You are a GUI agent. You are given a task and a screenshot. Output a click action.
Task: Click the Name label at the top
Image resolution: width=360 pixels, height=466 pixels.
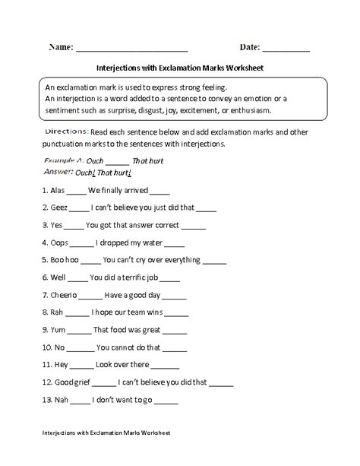coord(61,47)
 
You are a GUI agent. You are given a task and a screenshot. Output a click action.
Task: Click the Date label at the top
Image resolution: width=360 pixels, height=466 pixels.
coord(248,47)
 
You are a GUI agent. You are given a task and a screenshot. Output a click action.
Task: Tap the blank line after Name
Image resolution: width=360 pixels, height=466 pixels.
coord(132,50)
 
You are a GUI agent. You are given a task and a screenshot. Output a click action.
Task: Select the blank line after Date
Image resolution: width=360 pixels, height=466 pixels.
coord(286,50)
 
